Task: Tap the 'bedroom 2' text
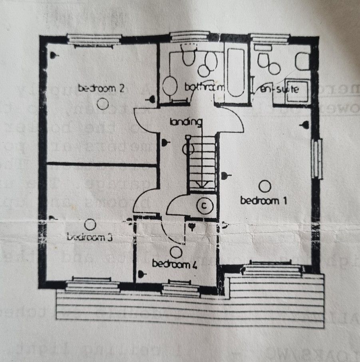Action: coord(100,88)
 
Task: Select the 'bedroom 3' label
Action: coord(90,237)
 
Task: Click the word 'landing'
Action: coord(186,122)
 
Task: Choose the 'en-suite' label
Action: coord(279,89)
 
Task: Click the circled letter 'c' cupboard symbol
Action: coord(204,206)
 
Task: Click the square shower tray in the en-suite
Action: coord(298,91)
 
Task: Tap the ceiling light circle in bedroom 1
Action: coord(265,186)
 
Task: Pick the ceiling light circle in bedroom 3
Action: coord(90,224)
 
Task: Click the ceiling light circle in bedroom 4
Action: coord(175,251)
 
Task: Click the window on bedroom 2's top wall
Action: coord(94,39)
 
